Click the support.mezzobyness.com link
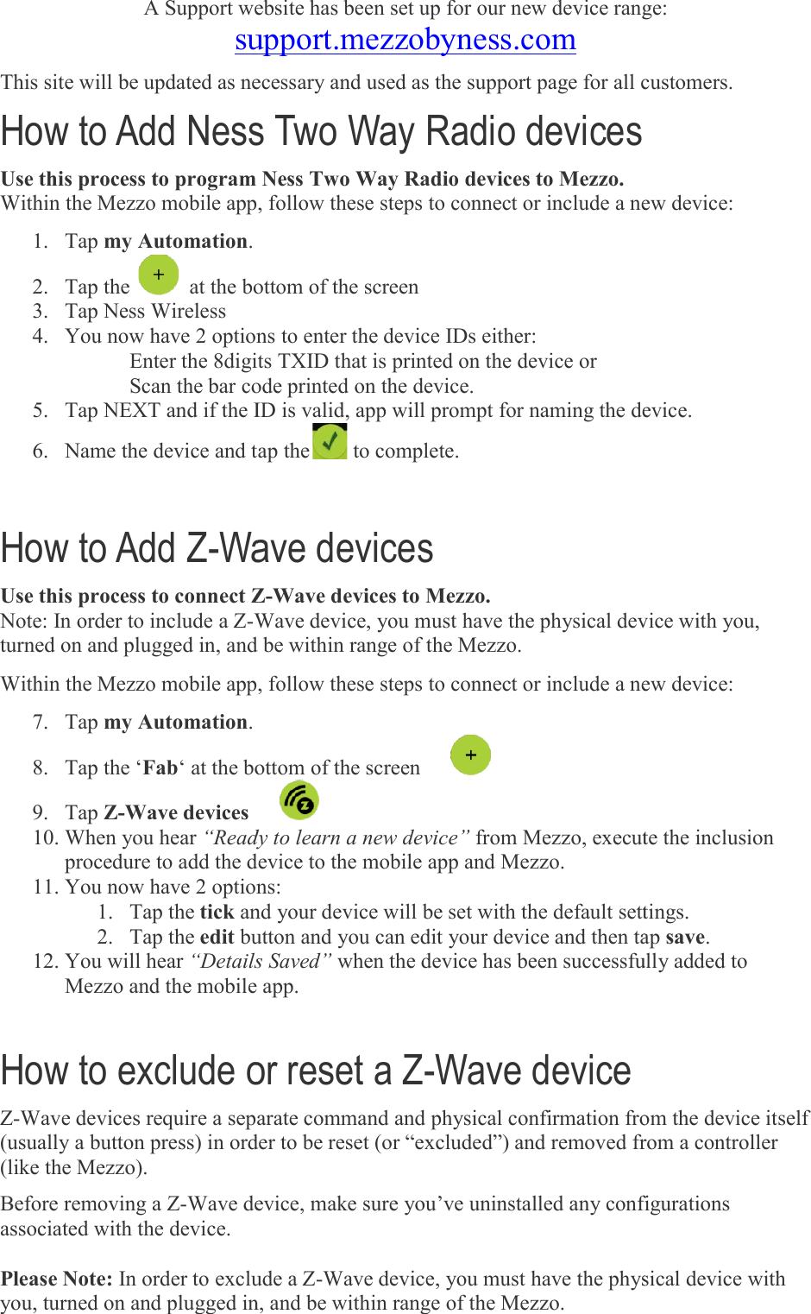point(405,40)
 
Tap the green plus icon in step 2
point(159,275)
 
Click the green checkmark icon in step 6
point(330,442)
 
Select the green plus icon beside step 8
point(470,755)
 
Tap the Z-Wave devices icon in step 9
point(299,800)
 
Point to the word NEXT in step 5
point(132,410)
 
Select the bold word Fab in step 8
point(160,768)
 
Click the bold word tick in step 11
point(217,912)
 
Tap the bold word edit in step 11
point(217,937)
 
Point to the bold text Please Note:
point(57,1279)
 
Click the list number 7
point(40,722)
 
